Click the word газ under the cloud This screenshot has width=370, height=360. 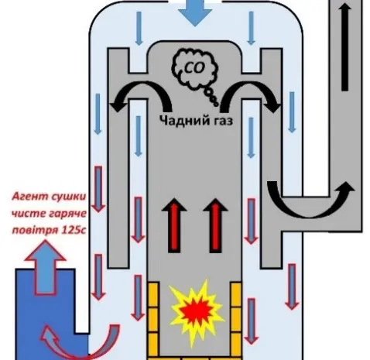221,121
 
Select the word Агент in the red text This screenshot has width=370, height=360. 30,197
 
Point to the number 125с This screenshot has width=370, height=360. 74,230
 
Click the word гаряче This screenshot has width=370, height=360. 68,214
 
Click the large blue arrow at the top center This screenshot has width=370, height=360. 195,13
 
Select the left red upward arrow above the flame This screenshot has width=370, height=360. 174,225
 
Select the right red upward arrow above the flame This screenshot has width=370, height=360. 215,225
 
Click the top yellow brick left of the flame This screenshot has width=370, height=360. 152,295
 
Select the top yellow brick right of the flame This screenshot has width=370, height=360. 236,295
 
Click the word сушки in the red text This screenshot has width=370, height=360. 68,197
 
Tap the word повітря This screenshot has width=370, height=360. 36,230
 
